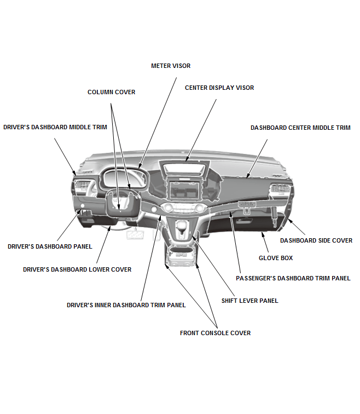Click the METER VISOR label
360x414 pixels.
(x=171, y=66)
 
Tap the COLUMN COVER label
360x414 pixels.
(x=111, y=92)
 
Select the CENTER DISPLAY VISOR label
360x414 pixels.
(x=219, y=88)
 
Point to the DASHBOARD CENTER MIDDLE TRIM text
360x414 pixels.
(x=300, y=128)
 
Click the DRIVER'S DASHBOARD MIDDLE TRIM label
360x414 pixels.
(x=55, y=127)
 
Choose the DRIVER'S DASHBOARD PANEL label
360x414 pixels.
(x=50, y=246)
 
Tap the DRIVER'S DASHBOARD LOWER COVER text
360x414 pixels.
(x=77, y=269)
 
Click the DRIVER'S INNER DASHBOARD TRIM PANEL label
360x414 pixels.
(x=126, y=305)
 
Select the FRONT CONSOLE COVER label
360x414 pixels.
(x=215, y=333)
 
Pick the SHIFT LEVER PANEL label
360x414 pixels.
(x=250, y=301)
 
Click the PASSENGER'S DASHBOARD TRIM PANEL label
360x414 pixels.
(x=293, y=278)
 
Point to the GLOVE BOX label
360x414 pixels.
(x=276, y=258)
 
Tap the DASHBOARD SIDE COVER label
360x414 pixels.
(x=316, y=240)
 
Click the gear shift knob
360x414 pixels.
(x=181, y=226)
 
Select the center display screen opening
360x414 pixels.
(x=184, y=189)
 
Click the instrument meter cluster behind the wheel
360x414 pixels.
(x=124, y=178)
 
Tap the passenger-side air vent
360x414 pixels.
(x=280, y=188)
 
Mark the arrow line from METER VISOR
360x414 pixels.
(x=158, y=123)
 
